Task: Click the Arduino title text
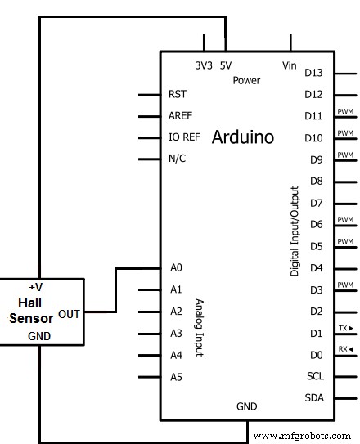click(243, 137)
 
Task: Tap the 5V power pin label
click(226, 65)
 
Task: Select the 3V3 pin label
click(204, 65)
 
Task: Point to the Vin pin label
click(290, 65)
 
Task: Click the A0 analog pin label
click(176, 267)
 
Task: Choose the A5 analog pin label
click(176, 377)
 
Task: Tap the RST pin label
click(177, 94)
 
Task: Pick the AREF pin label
click(180, 115)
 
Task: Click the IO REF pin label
click(182, 137)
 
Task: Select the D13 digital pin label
click(314, 73)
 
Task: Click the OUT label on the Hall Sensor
click(70, 312)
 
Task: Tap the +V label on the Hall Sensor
click(36, 288)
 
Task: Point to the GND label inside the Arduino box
click(247, 406)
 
